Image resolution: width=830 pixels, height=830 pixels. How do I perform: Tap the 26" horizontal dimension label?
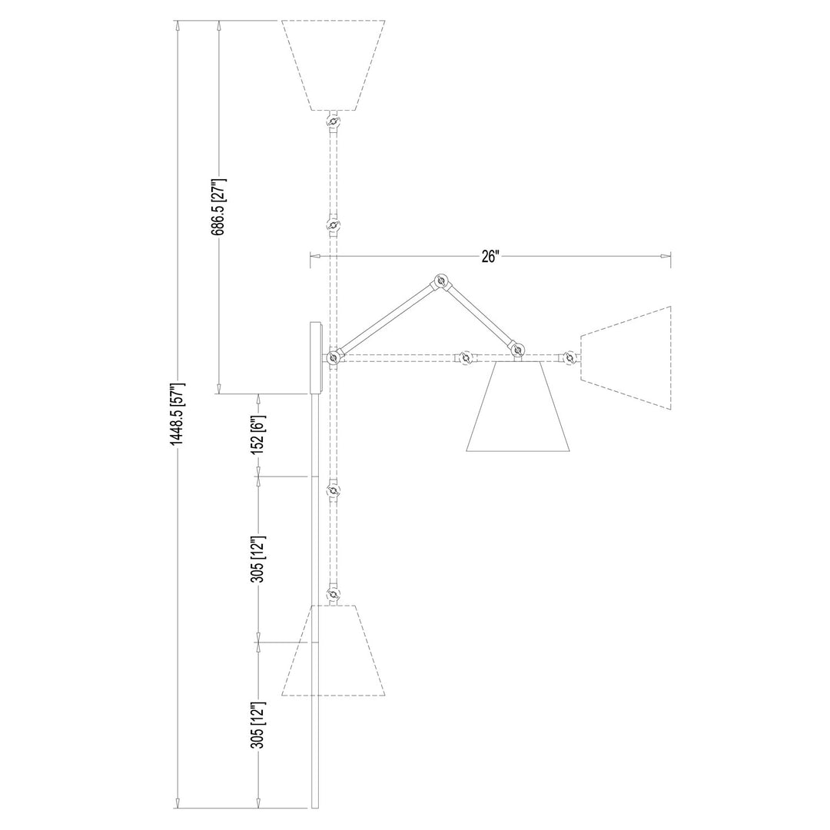(490, 256)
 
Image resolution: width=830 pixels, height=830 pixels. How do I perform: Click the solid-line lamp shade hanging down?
(518, 406)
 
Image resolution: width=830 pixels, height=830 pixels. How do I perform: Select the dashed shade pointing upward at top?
(333, 65)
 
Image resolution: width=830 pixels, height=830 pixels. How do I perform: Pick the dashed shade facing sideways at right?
(626, 358)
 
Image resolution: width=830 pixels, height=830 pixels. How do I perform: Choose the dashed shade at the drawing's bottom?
(333, 650)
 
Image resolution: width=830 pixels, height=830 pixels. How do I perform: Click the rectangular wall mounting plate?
(315, 358)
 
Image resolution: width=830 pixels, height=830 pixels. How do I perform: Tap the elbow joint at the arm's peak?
(440, 281)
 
